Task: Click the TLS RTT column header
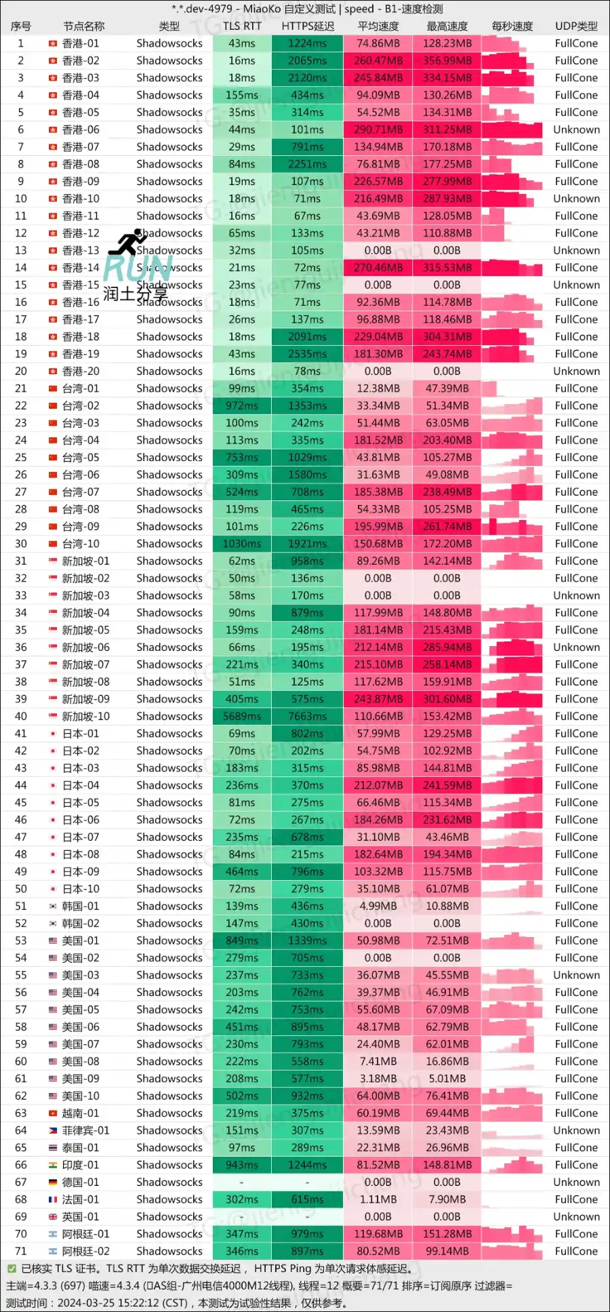pos(242,26)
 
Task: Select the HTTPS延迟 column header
pos(308,26)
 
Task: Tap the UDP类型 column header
pos(576,26)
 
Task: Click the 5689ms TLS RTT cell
pos(242,717)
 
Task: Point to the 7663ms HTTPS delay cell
pos(308,717)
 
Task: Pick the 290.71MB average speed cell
pos(378,130)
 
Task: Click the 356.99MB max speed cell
pos(447,60)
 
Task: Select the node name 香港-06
pos(81,130)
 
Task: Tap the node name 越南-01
pos(81,1113)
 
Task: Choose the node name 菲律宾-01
pos(85,1130)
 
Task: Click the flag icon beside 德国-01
pos(53,1182)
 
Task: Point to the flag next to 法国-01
pos(53,1199)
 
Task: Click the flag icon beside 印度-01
pos(53,1165)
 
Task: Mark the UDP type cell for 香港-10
pos(576,199)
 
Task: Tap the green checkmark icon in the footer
pos(12,1269)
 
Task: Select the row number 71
pos(21,1252)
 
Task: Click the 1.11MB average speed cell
pos(378,1199)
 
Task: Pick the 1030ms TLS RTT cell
pos(242,544)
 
